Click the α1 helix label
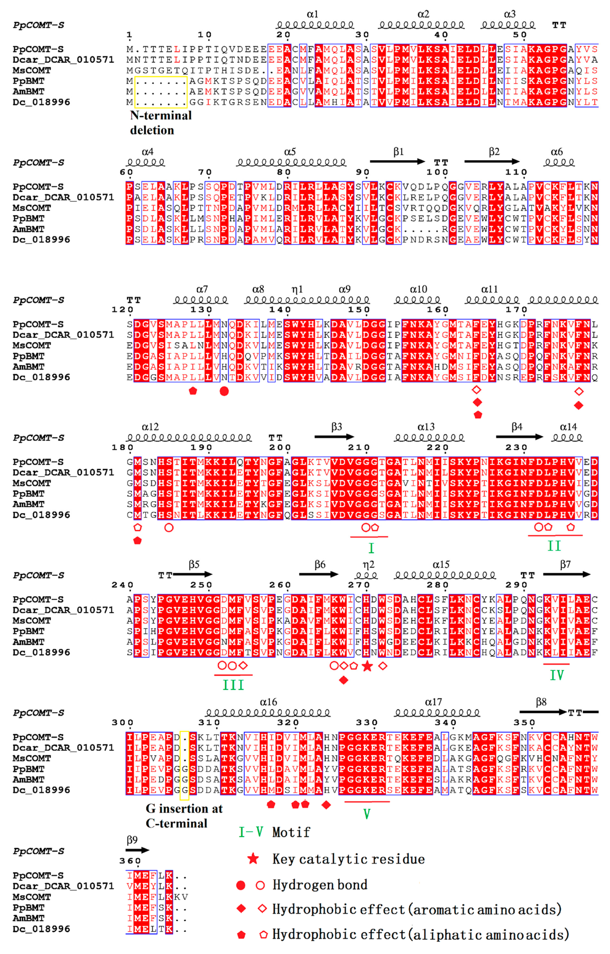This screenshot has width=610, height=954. tap(312, 14)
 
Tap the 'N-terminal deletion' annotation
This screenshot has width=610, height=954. tap(160, 123)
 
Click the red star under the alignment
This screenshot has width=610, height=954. tap(367, 666)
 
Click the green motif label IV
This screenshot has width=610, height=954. tap(557, 675)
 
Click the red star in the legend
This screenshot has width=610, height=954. tap(253, 859)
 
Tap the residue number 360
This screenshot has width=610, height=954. tap(130, 861)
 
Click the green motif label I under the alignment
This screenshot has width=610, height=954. tap(371, 548)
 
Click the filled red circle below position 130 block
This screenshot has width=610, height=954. tap(224, 391)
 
